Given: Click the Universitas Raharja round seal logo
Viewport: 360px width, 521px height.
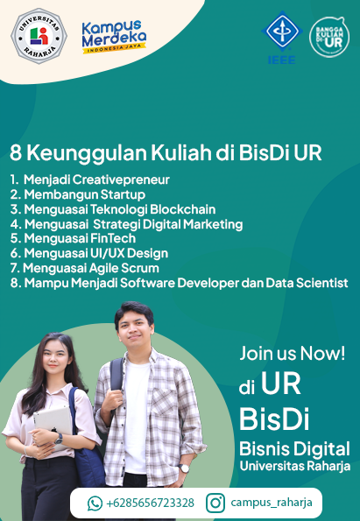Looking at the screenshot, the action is tap(39, 36).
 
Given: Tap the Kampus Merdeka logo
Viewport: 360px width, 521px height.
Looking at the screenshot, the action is tap(114, 37).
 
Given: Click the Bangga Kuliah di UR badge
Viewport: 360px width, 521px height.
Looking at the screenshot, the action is tap(329, 37).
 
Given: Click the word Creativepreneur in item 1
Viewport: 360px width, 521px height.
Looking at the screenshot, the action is tap(121, 180).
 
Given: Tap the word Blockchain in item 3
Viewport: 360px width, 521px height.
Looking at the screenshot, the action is tap(183, 209).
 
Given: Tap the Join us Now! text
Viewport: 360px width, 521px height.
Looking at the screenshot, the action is tap(293, 354).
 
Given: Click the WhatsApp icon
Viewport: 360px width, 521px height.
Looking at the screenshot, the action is tap(95, 503).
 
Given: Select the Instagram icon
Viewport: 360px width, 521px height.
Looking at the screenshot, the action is tap(215, 503).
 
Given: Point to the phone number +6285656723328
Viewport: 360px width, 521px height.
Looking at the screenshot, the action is tap(151, 503).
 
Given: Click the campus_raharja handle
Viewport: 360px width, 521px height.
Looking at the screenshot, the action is tap(272, 503).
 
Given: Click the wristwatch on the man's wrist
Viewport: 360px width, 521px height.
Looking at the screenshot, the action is tap(183, 468).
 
